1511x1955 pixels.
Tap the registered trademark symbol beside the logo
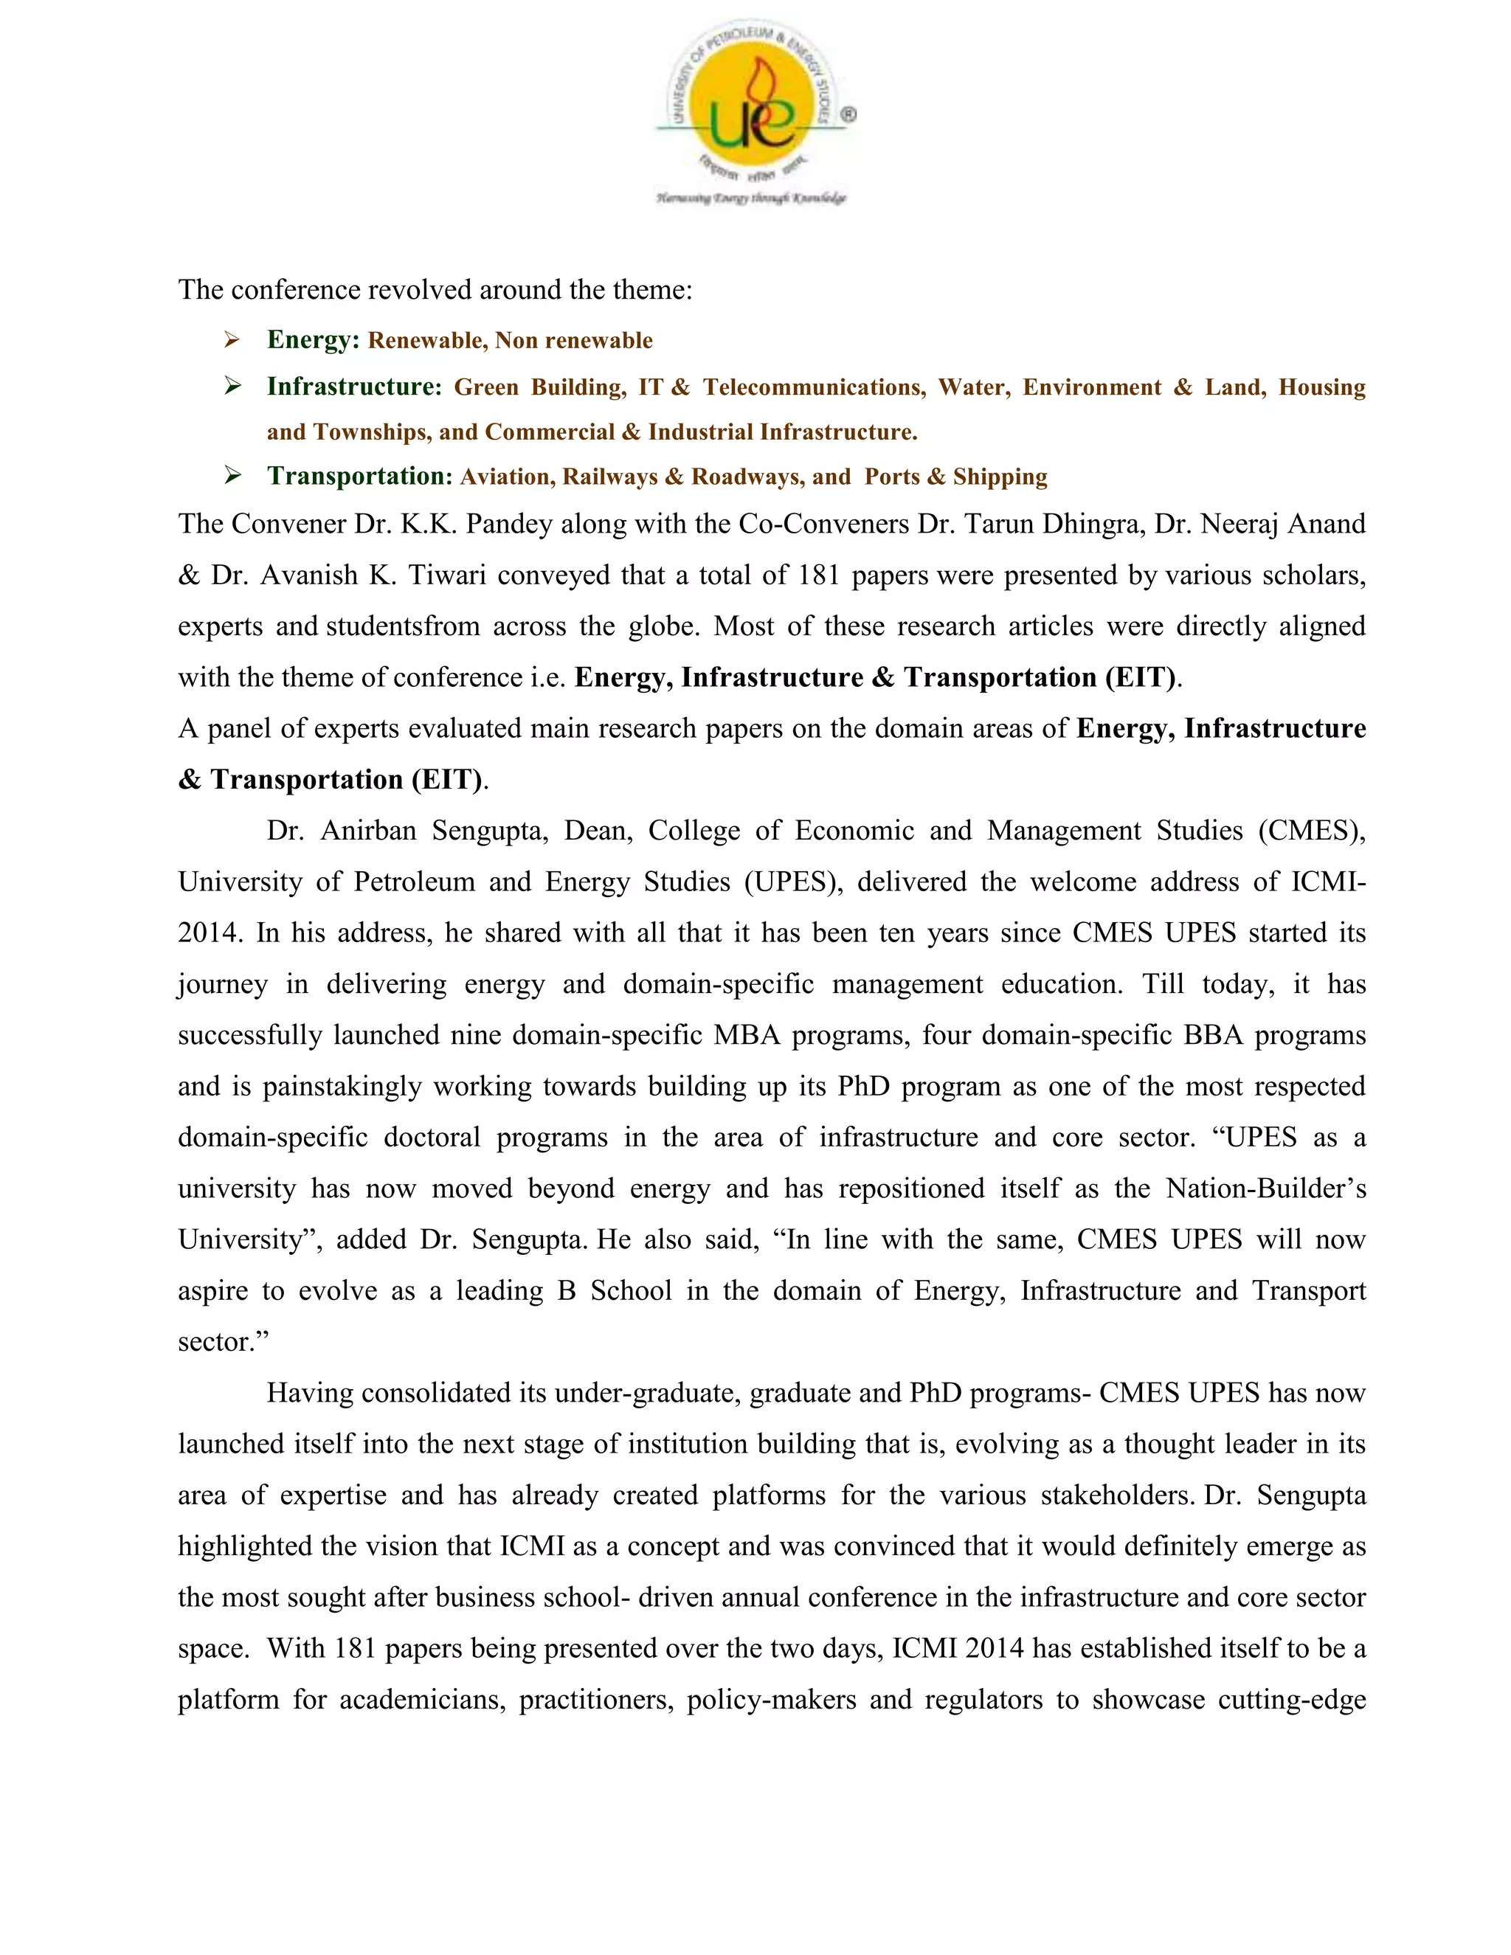pos(848,114)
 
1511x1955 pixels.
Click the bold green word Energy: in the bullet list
pos(312,340)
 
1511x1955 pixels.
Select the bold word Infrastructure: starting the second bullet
pos(354,387)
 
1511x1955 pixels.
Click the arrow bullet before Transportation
pos(232,477)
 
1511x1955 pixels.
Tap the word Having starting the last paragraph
pos(310,1394)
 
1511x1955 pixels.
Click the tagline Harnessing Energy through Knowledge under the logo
pos(751,198)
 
